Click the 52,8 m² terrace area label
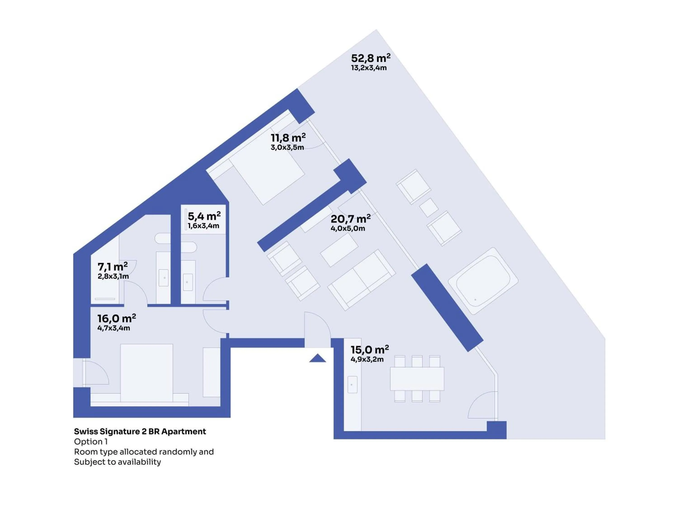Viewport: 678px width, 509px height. pos(371,58)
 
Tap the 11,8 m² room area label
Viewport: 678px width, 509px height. pos(288,138)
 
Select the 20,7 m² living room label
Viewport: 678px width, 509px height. pos(350,219)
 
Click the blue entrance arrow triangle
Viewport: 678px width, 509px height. pos(318,358)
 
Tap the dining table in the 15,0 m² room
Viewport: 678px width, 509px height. pos(417,379)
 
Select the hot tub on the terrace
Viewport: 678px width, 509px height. pos(483,281)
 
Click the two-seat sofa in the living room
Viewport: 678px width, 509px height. pos(361,280)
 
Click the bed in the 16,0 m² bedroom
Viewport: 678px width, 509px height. pos(146,373)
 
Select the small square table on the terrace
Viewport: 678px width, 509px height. pos(428,208)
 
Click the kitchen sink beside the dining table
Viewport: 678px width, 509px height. pos(353,384)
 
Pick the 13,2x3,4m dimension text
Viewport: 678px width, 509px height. pos(369,68)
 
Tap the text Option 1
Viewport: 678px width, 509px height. pos(91,442)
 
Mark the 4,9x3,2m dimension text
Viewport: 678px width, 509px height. pos(367,359)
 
